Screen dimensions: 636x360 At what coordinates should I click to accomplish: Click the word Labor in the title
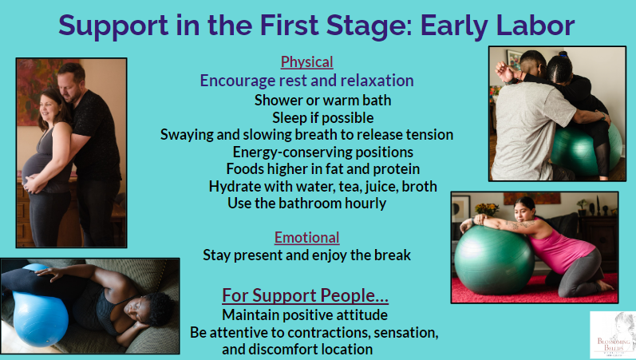coord(535,26)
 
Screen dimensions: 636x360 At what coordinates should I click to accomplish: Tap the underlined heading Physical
coord(306,62)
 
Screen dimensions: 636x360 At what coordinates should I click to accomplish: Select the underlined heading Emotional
coord(306,237)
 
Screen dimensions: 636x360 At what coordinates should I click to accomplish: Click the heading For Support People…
coord(305,295)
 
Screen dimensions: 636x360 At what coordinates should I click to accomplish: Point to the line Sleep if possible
coord(323,117)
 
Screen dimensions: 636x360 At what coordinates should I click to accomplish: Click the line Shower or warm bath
coord(322,101)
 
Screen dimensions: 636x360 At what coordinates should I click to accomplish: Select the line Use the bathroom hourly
coord(306,203)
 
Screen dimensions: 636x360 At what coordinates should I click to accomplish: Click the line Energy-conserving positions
coord(323,152)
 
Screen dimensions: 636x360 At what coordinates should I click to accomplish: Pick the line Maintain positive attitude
coord(305,315)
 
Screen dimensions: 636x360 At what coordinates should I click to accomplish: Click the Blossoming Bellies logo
coord(613,334)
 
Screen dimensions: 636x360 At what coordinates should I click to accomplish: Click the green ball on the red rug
coord(494,260)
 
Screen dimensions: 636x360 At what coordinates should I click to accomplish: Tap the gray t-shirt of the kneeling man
coord(525,130)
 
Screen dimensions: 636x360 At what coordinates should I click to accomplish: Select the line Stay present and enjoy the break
coord(306,255)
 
